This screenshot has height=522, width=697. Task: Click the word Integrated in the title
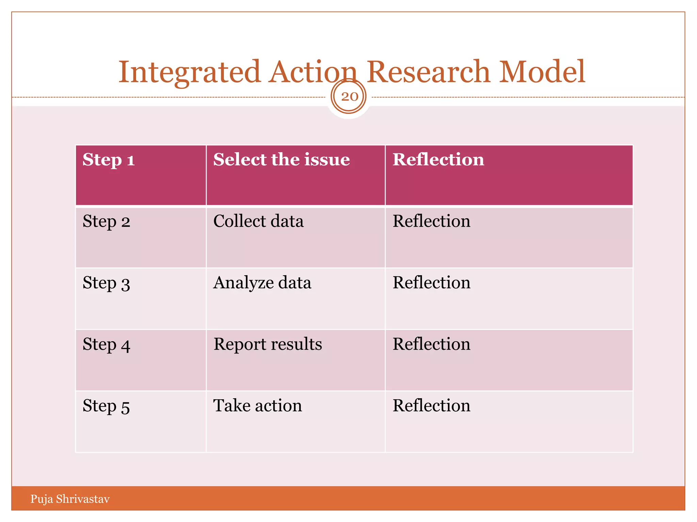[189, 72]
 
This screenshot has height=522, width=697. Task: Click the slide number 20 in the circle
[349, 97]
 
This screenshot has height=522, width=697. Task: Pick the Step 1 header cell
[109, 160]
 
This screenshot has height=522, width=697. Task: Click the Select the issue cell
[281, 160]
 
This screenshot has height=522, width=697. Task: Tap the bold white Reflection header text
[438, 160]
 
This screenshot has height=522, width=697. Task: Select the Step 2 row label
[106, 222]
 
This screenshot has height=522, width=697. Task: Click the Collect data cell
[258, 222]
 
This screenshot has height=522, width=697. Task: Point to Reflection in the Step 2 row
[431, 222]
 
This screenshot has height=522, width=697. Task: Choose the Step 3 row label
[106, 283]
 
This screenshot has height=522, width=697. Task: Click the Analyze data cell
[262, 283]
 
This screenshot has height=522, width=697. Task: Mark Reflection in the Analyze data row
[431, 283]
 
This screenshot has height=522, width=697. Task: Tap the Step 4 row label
[106, 345]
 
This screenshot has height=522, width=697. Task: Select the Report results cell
[268, 345]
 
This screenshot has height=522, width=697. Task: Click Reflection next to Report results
[431, 345]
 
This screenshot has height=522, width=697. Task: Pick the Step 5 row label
[106, 406]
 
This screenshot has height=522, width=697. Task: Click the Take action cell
[257, 406]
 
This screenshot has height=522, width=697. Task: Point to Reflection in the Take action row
[431, 406]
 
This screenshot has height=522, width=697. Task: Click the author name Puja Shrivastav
[70, 499]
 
